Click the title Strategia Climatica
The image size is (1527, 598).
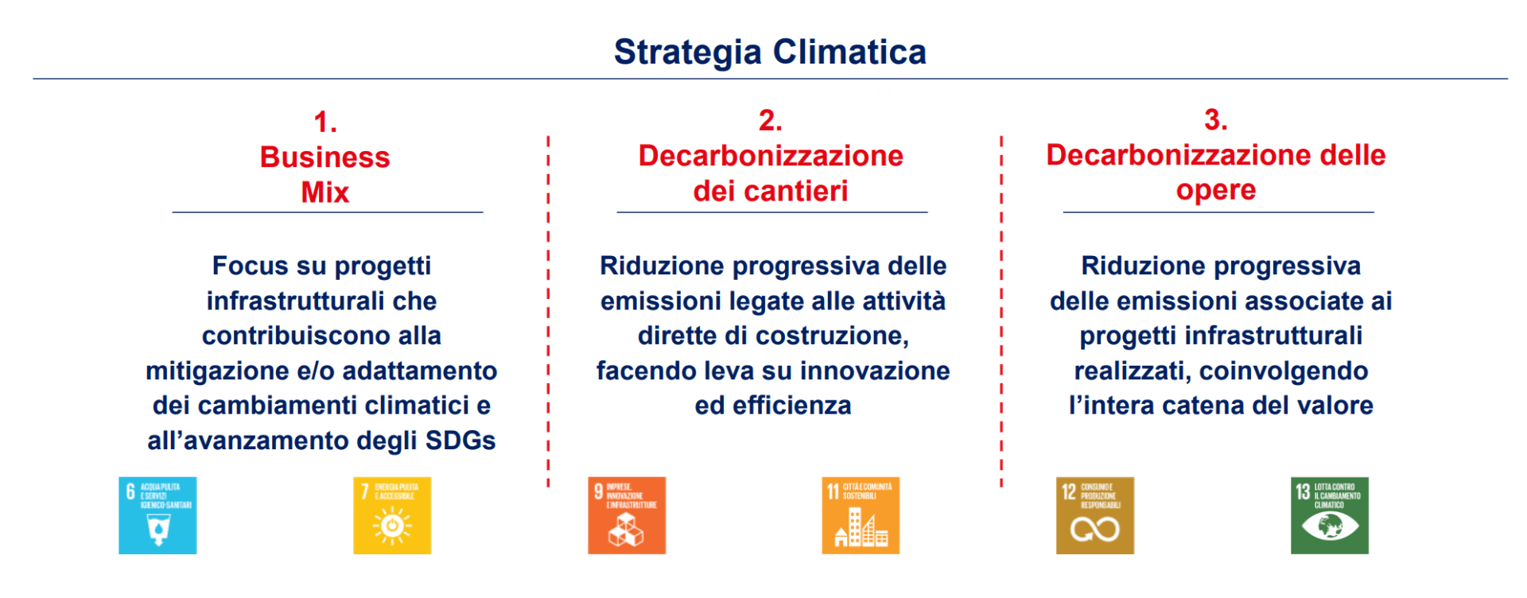(x=770, y=52)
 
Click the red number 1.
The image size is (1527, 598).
(x=325, y=122)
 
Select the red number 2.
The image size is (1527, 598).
(x=770, y=120)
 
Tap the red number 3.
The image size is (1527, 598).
(x=1215, y=120)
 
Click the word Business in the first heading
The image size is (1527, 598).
(x=324, y=157)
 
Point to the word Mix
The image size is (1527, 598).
(x=324, y=192)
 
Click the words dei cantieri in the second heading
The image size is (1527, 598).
(x=770, y=192)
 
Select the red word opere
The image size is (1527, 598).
(x=1215, y=191)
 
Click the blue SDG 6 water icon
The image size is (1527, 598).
(x=157, y=515)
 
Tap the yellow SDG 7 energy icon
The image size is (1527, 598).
(x=392, y=515)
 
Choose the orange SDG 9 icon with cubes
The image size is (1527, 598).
(x=627, y=515)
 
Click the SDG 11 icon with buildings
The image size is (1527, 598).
(x=861, y=515)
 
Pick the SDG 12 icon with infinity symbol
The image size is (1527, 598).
(x=1094, y=515)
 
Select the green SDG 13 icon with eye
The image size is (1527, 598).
(x=1329, y=515)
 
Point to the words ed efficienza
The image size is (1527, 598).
(x=772, y=406)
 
